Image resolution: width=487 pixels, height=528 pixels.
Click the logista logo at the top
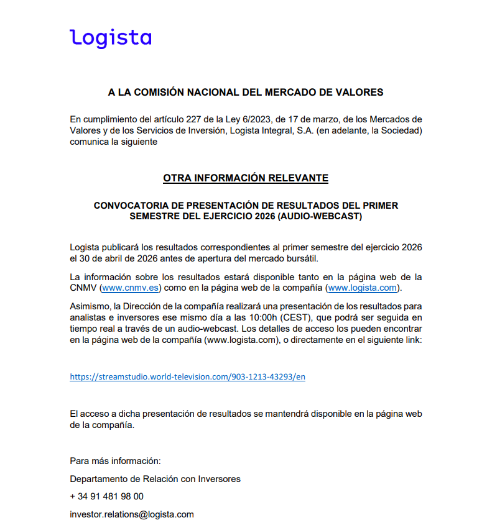111,38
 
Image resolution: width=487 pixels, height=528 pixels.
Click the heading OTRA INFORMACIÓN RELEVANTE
246,178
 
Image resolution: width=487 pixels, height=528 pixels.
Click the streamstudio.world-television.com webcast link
187,376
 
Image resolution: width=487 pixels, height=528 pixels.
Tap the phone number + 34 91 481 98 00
106,496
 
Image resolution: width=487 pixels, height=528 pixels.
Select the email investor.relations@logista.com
132,514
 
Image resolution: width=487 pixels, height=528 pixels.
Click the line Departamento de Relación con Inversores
155,479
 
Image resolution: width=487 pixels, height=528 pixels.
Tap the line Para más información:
115,461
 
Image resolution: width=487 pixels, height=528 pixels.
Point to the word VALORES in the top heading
361,93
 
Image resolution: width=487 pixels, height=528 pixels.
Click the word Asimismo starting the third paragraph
89,306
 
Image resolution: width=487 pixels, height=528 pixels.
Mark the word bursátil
318,258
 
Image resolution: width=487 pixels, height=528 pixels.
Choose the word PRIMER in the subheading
381,205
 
